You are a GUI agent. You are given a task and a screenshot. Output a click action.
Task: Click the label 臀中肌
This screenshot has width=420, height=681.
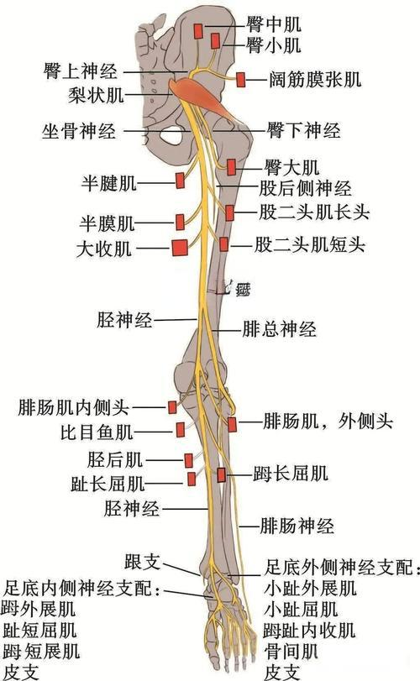274,24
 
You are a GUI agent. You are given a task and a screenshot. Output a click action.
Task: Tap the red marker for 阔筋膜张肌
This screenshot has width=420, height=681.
240,80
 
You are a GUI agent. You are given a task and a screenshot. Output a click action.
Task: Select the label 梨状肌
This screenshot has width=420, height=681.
96,95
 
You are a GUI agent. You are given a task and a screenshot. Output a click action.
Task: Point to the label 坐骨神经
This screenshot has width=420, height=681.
79,131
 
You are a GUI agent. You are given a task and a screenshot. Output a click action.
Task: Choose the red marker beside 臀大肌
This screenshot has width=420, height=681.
232,167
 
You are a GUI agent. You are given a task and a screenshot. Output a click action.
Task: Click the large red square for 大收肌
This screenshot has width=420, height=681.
180,248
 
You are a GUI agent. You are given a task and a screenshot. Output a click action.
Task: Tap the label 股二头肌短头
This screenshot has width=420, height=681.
309,245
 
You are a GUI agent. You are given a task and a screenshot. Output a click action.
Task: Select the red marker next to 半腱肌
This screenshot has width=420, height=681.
181,181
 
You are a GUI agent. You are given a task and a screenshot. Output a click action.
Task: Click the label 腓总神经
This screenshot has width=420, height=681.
279,329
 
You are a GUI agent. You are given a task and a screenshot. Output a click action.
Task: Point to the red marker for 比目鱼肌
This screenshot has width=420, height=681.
181,430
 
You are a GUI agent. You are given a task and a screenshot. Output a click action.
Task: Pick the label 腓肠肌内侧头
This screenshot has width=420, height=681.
73,408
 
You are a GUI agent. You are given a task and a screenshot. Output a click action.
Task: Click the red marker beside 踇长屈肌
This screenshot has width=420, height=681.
222,475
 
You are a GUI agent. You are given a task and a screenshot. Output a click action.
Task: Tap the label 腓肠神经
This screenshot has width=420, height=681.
297,526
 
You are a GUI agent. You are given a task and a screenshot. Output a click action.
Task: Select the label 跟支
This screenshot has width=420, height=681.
143,562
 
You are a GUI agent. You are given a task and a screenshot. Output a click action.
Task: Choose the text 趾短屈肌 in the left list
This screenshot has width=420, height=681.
39,630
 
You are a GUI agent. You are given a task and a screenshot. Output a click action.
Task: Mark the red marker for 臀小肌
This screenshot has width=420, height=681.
215,41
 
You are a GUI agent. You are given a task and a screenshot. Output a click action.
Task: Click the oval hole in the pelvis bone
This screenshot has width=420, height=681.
171,135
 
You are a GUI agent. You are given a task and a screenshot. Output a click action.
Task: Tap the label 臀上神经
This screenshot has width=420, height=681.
80,71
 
